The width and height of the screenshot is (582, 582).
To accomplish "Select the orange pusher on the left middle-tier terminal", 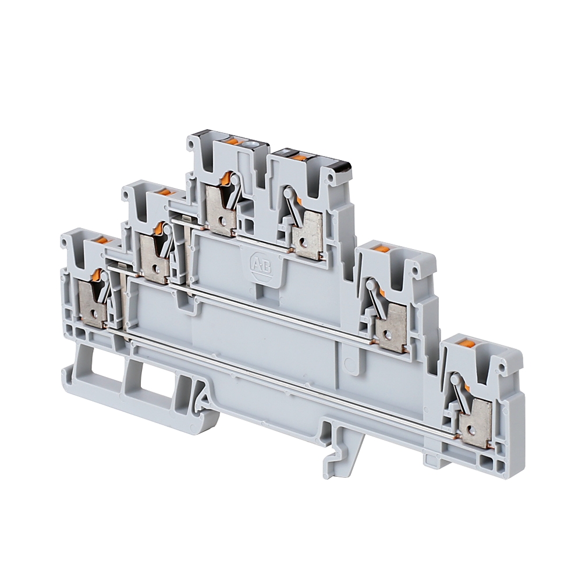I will click(x=164, y=191).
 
